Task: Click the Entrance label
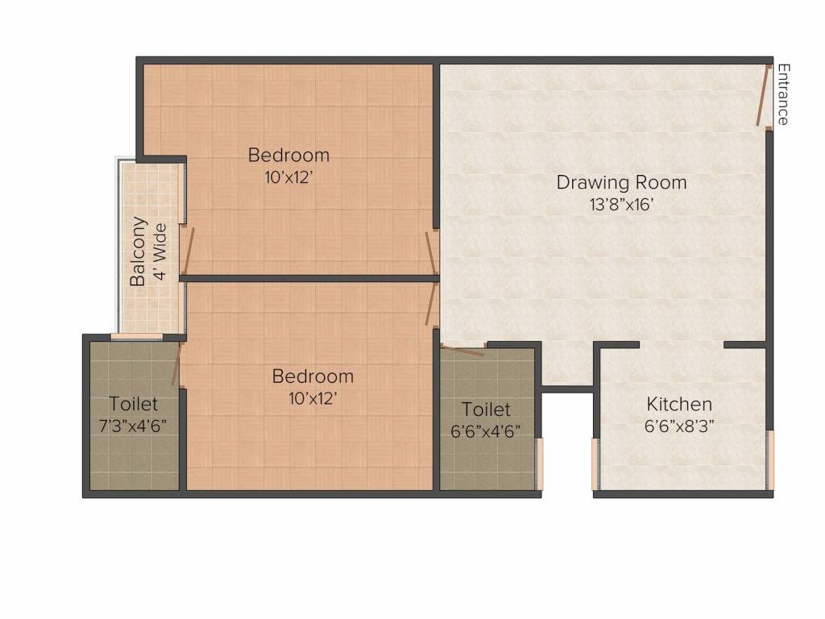(x=782, y=94)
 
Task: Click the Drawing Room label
(x=621, y=182)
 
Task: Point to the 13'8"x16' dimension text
(x=621, y=204)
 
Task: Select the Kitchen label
(x=679, y=404)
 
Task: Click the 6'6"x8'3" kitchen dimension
(x=679, y=426)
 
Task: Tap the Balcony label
(x=139, y=251)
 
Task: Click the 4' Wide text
(x=160, y=251)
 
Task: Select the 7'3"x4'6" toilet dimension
(x=134, y=426)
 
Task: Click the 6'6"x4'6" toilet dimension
(x=486, y=431)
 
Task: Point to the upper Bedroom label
(x=288, y=155)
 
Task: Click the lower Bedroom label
(x=313, y=376)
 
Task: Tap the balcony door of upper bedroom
(x=189, y=251)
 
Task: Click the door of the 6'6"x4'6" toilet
(x=464, y=351)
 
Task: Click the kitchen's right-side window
(x=769, y=460)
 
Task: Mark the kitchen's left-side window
(x=596, y=464)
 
